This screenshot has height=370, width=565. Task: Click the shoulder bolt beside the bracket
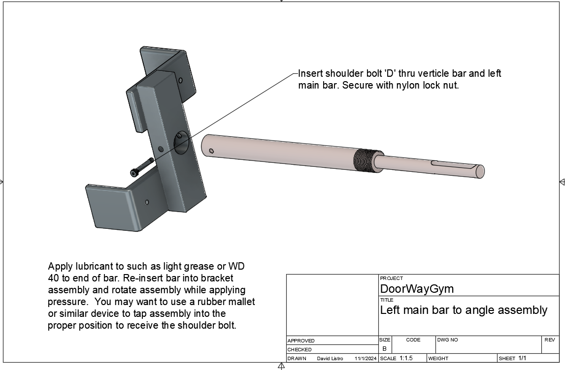142,167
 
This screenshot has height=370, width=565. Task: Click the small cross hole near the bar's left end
211,151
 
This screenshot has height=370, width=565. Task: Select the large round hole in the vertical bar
182,143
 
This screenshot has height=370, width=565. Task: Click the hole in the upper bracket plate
181,80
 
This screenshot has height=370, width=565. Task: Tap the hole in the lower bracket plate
147,202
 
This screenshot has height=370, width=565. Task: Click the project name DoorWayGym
417,289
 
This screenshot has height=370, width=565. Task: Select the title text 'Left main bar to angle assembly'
464,310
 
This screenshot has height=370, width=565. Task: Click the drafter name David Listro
330,359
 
